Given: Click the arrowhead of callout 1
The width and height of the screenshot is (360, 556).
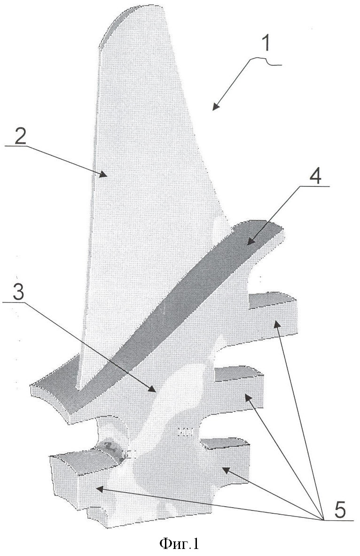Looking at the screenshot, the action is (x=215, y=107).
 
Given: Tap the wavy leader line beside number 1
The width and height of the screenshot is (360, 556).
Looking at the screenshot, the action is (x=265, y=62).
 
